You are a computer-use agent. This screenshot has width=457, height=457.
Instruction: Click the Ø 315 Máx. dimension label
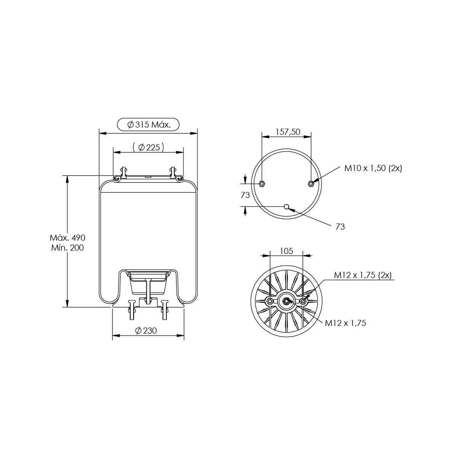pyautogui.click(x=149, y=125)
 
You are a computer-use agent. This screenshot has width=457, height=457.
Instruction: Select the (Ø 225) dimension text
pyautogui.click(x=148, y=147)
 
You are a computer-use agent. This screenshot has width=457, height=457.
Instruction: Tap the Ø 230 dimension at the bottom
pyautogui.click(x=146, y=330)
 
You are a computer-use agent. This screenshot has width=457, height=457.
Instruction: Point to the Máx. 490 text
pyautogui.click(x=67, y=237)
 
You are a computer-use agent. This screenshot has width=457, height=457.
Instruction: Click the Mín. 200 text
pyautogui.click(x=67, y=248)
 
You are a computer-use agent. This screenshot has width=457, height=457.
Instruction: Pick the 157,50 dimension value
pyautogui.click(x=288, y=132)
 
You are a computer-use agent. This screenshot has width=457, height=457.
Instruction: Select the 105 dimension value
pyautogui.click(x=286, y=251)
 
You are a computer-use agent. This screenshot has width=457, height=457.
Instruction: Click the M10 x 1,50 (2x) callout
pyautogui.click(x=373, y=168)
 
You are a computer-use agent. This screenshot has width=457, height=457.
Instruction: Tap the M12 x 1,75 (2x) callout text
pyautogui.click(x=363, y=275)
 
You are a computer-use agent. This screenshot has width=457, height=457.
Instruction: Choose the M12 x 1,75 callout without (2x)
pyautogui.click(x=345, y=323)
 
